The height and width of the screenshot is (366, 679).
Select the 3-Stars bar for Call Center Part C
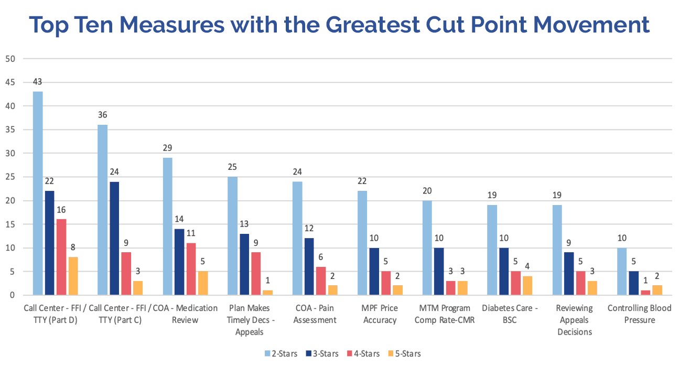[x=114, y=239]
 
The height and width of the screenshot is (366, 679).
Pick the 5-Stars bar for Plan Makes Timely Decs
[x=267, y=293]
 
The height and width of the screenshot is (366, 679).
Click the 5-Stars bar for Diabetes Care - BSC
[x=527, y=286]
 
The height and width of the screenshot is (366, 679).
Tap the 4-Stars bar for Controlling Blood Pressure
[x=646, y=293]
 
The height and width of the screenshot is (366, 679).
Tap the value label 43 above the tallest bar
[x=37, y=82]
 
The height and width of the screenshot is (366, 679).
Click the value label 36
[x=103, y=115]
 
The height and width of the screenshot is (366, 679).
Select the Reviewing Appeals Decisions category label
[x=574, y=320]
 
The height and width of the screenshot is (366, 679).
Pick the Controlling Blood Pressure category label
[x=639, y=314]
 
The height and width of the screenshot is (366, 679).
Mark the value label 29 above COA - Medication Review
[x=168, y=148]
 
